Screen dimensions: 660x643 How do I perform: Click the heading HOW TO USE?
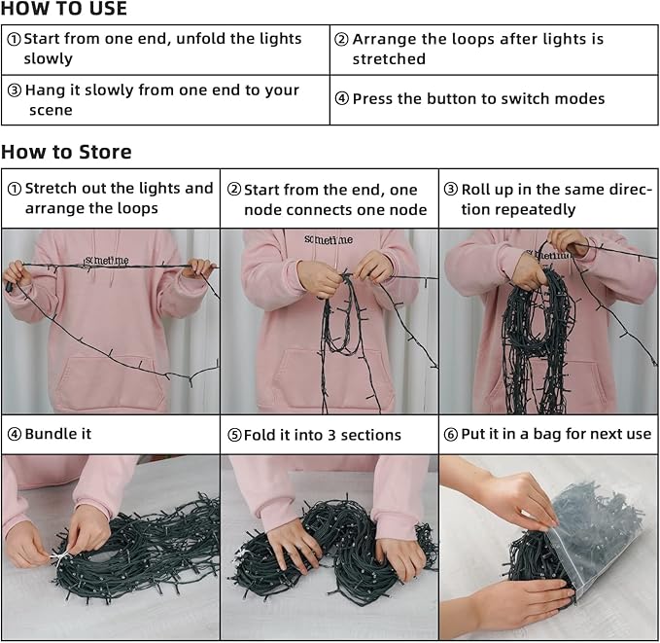point(63,9)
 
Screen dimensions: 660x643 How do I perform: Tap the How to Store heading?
point(66,152)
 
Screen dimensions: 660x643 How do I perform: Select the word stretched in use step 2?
point(389,59)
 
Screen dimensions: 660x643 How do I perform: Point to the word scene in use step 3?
point(51,110)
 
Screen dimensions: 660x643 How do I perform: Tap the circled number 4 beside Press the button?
point(342,98)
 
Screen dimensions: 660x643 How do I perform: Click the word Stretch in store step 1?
point(51,189)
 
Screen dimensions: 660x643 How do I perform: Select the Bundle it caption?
point(58,434)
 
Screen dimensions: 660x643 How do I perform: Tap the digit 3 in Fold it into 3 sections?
point(331,435)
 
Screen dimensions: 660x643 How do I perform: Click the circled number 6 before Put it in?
point(450,435)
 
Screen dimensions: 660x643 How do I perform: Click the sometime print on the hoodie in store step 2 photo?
point(329,239)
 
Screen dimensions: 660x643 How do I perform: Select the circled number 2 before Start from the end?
point(234,189)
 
